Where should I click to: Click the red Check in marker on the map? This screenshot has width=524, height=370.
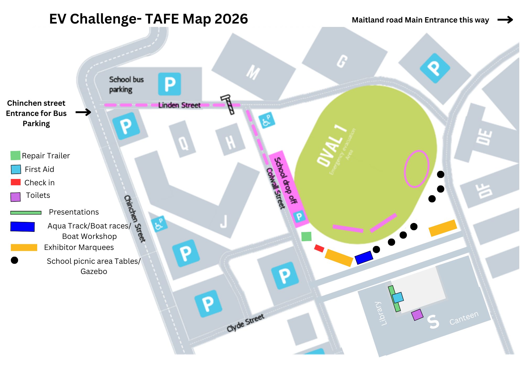pos(319,248)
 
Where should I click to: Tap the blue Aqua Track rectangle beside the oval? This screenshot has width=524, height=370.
pos(364,257)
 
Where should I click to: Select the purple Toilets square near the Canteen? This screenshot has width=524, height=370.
pos(417,315)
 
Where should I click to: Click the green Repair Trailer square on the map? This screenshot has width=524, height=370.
pos(306,237)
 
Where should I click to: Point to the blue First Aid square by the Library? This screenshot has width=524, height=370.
pos(398,298)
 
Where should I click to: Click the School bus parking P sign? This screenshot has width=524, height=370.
pos(170,84)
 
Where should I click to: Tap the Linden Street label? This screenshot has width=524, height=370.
pos(179,105)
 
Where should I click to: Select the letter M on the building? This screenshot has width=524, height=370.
pos(253,72)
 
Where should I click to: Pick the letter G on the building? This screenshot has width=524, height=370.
pos(342,61)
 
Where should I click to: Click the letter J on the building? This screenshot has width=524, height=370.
pos(223,221)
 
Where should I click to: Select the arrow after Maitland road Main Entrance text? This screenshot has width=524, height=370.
pos(505,20)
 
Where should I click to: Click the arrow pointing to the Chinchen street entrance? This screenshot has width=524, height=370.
pos(83,112)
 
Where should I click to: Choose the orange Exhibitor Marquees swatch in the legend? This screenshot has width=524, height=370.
pos(24,248)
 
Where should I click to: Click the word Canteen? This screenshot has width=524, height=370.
pos(464,318)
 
